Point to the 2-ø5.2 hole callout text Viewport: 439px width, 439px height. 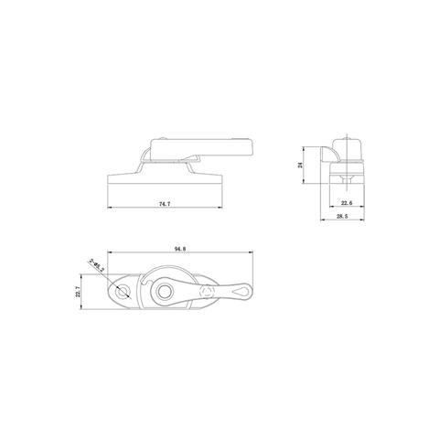tap(98, 267)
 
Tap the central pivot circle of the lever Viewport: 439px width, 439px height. tap(165, 292)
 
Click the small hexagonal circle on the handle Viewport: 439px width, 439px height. tap(210, 292)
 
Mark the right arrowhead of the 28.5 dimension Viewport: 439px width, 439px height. tap(366, 219)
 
